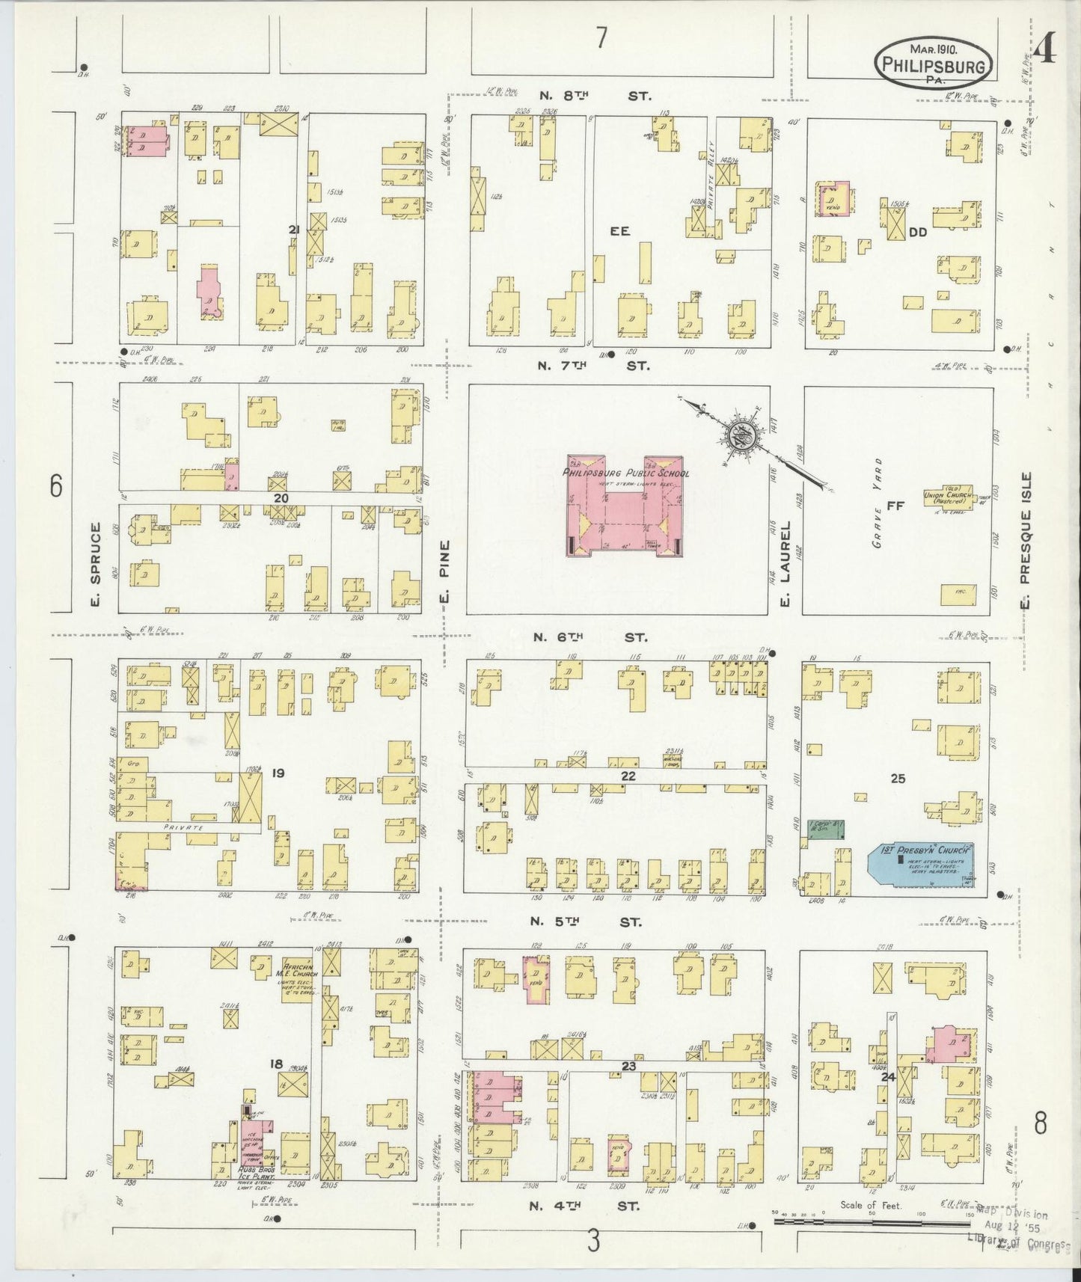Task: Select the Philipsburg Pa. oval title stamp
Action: pyautogui.click(x=934, y=63)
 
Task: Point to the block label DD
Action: pyautogui.click(x=917, y=233)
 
